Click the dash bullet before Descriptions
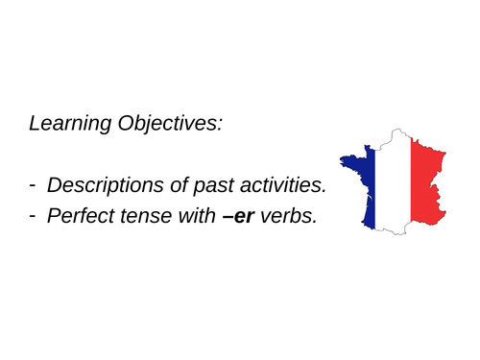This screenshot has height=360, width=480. [x=34, y=183]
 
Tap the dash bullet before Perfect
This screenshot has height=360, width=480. [x=34, y=215]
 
